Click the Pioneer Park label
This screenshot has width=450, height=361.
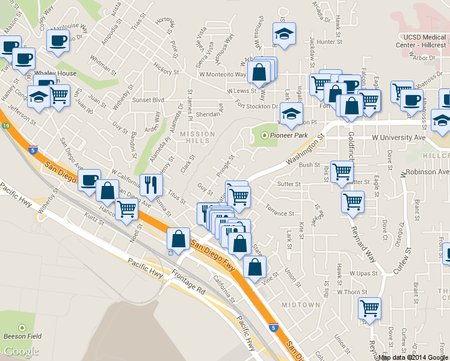pos(289,135)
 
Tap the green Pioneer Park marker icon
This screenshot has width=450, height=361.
pos(264,135)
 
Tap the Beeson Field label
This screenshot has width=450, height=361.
pos(22,337)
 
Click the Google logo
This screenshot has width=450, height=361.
pos(21,351)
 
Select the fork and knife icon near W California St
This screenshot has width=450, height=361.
pos(151,184)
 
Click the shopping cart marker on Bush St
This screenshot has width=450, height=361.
pos(342,171)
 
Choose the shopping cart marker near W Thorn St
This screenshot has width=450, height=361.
pos(369,308)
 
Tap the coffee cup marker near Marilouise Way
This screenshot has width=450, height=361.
pos(58,41)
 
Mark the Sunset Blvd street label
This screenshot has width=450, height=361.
pos(149,100)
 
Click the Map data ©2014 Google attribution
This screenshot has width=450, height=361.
pos(413,357)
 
